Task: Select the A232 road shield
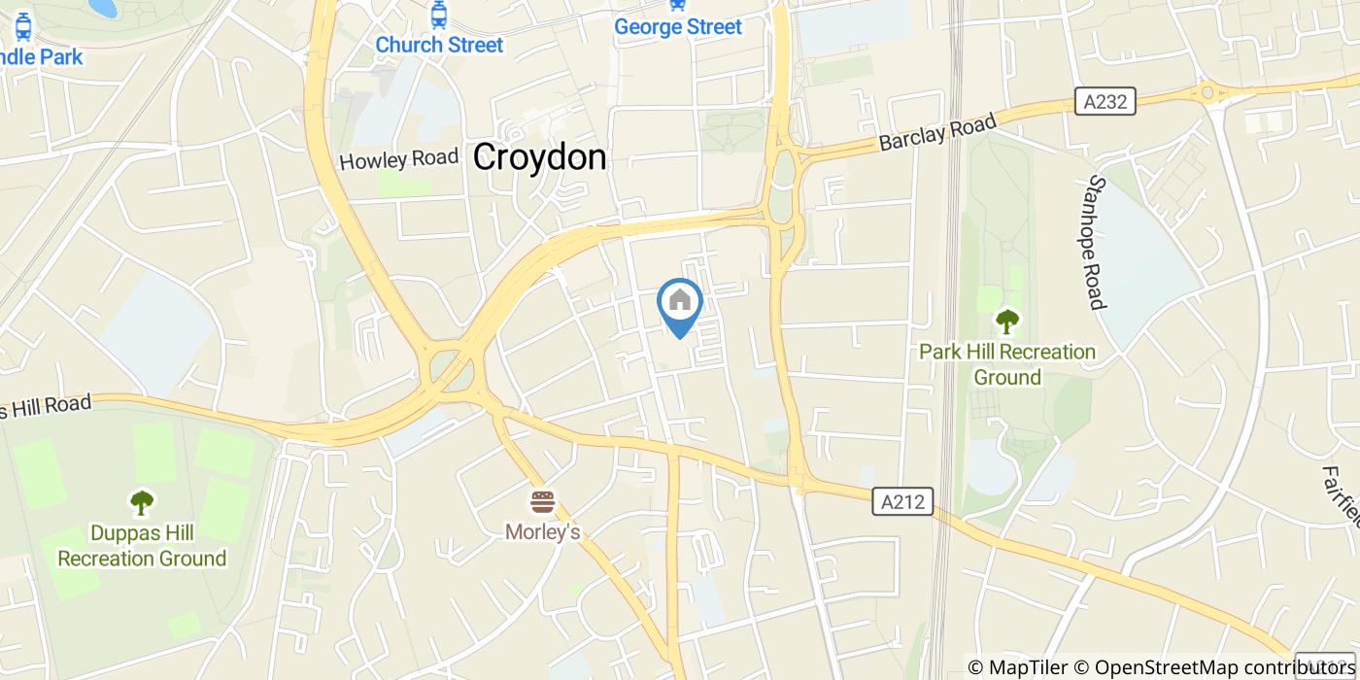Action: point(1105,101)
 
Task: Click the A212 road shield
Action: point(902,501)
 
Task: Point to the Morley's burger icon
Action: point(542,501)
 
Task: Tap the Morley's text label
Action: point(542,531)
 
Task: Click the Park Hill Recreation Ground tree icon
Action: point(1007,320)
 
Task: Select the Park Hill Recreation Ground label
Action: point(1007,364)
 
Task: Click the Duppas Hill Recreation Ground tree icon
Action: point(142,501)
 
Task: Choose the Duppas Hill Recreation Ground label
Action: point(142,546)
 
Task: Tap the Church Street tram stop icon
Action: point(439,15)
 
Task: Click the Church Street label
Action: point(439,45)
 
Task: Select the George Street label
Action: point(678,27)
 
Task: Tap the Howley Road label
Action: point(398,158)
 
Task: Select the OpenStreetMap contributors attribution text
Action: point(1227,666)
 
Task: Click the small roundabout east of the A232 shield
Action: point(1209,92)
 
